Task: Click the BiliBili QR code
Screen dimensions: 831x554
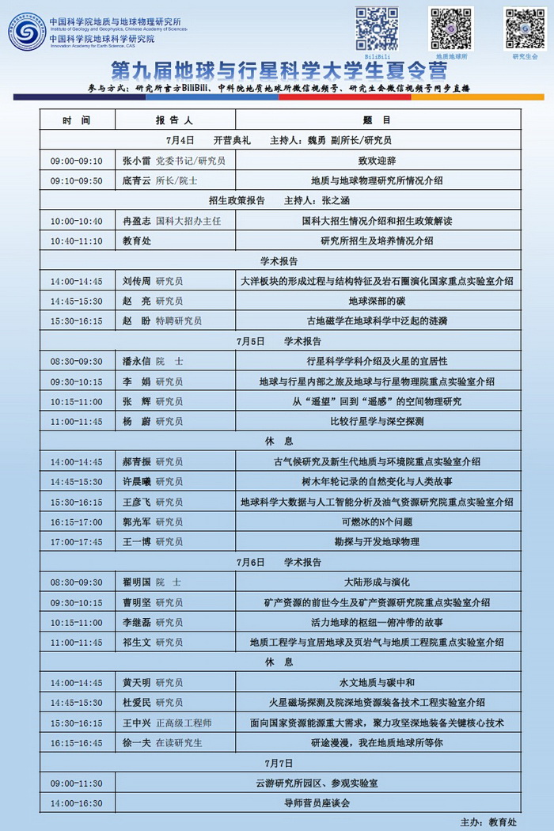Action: point(377,28)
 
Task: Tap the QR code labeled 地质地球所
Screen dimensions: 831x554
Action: point(451,28)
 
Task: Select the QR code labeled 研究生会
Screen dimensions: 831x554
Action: point(525,28)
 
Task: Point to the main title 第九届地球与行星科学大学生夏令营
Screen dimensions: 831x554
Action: point(276,69)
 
